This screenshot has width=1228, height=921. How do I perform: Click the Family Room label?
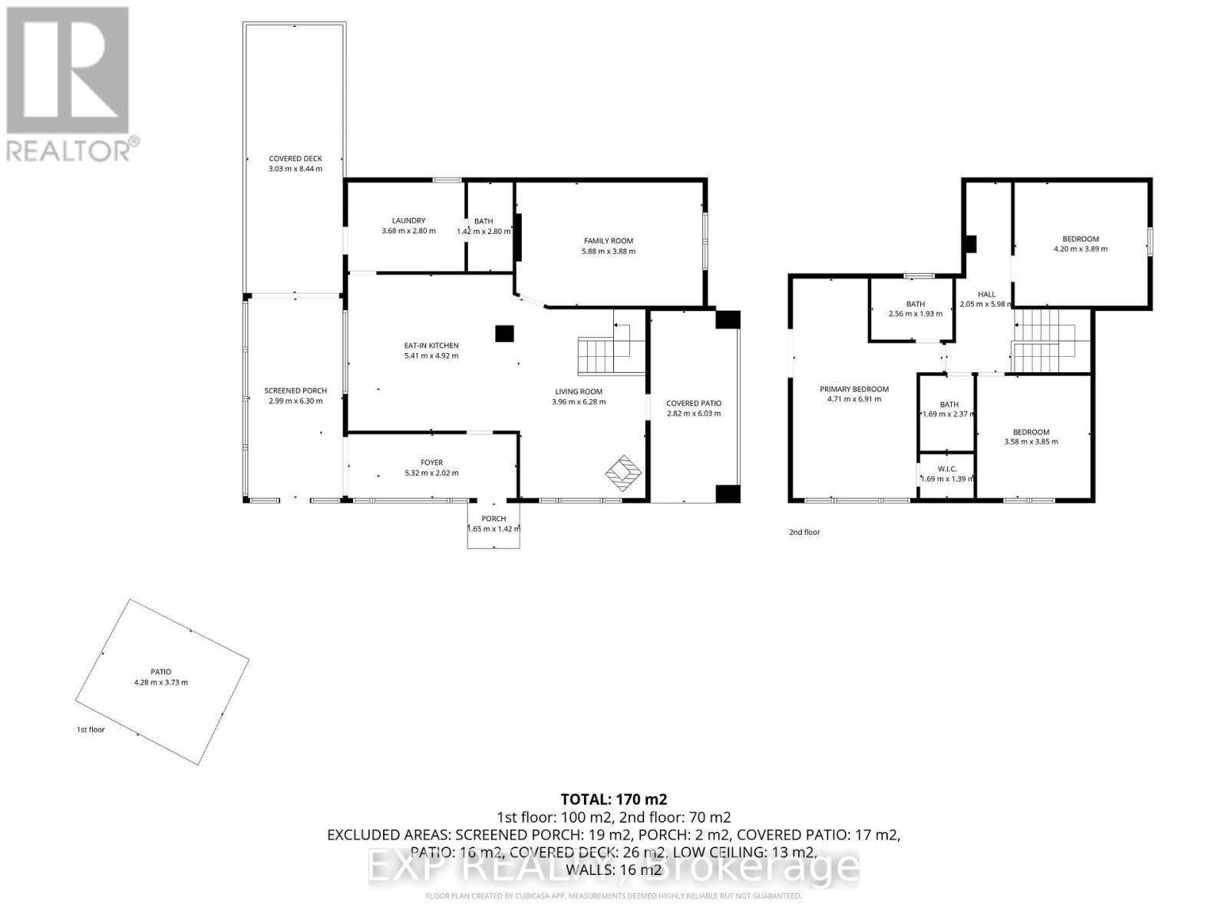(x=608, y=241)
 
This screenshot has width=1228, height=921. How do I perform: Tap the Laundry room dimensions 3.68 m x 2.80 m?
(x=408, y=231)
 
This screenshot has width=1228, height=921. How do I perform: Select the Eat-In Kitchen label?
(x=431, y=345)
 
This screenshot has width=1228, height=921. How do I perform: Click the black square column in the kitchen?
(x=503, y=333)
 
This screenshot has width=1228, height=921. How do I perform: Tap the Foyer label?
(x=431, y=463)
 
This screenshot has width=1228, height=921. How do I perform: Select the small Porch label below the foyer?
(x=494, y=519)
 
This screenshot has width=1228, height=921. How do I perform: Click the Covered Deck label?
(x=295, y=159)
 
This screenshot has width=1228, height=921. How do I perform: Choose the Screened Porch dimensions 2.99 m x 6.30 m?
(x=295, y=401)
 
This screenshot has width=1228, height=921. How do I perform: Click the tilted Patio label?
(x=161, y=672)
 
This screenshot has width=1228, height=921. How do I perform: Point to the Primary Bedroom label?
(x=854, y=389)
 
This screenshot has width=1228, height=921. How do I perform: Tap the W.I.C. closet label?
(x=946, y=469)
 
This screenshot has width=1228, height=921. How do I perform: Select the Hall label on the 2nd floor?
(x=986, y=294)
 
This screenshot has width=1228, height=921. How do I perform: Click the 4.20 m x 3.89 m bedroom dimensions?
(x=1080, y=249)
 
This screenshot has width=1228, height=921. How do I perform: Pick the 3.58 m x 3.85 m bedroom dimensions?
(x=1031, y=441)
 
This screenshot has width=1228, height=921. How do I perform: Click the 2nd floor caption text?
(x=804, y=532)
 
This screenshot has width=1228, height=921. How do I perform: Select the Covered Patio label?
(x=693, y=403)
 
